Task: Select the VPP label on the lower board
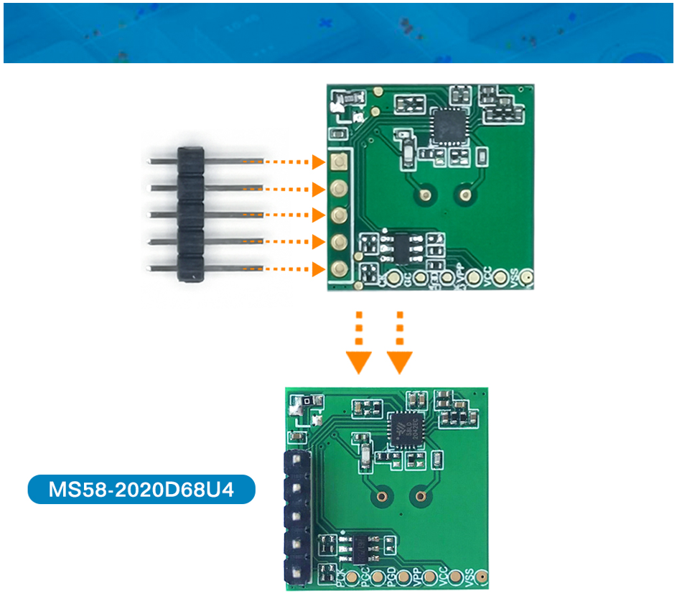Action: (419, 574)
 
